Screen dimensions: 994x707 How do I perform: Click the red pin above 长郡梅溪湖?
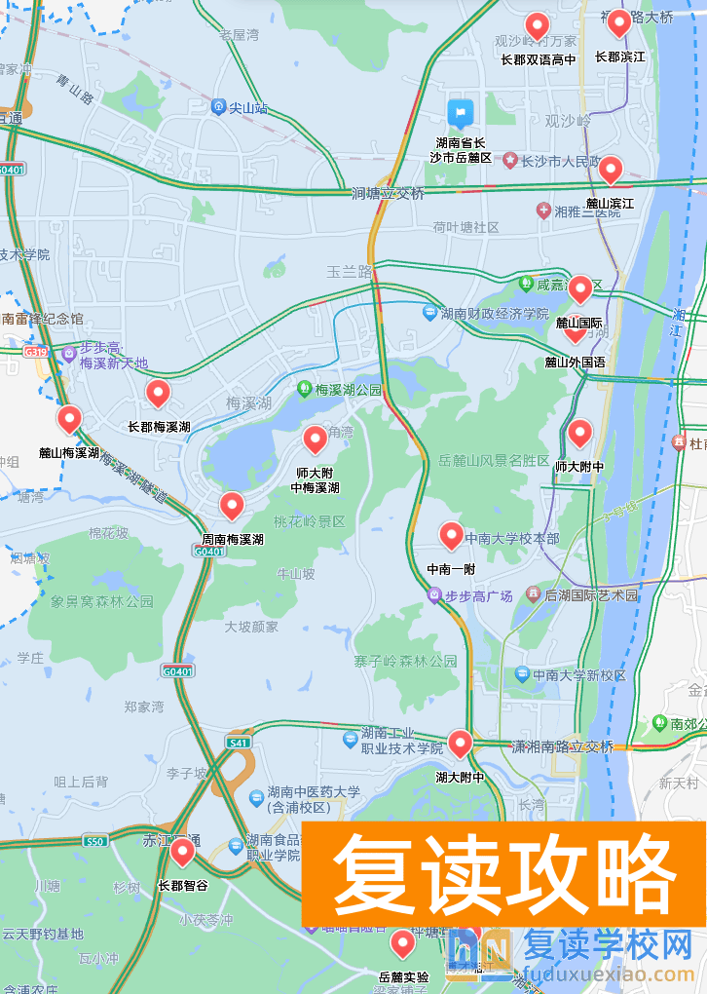click(x=158, y=393)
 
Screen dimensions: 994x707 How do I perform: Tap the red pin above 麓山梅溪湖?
click(x=68, y=419)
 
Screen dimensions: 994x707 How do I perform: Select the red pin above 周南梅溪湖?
click(x=231, y=505)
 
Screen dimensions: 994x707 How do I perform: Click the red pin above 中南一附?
click(x=451, y=534)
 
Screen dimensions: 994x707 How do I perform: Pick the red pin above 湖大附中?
click(x=460, y=744)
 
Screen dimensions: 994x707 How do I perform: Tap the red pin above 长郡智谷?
click(x=182, y=852)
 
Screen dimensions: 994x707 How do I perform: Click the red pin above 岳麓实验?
click(x=402, y=942)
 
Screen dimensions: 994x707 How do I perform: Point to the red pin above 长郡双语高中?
click(x=537, y=25)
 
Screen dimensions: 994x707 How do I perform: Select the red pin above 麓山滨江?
click(x=610, y=170)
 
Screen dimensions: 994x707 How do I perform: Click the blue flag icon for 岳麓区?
click(x=460, y=113)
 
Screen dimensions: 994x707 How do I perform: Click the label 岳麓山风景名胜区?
click(x=494, y=460)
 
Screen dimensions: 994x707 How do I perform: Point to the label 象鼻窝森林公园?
click(x=102, y=602)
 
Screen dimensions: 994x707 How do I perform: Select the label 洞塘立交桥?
click(x=389, y=194)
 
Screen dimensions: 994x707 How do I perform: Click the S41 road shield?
click(x=238, y=743)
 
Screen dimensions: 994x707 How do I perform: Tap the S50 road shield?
click(x=93, y=840)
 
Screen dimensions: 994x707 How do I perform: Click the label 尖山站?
click(x=248, y=108)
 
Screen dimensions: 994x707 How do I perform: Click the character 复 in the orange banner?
click(x=369, y=874)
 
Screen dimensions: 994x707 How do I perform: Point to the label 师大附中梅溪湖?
click(x=317, y=479)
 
